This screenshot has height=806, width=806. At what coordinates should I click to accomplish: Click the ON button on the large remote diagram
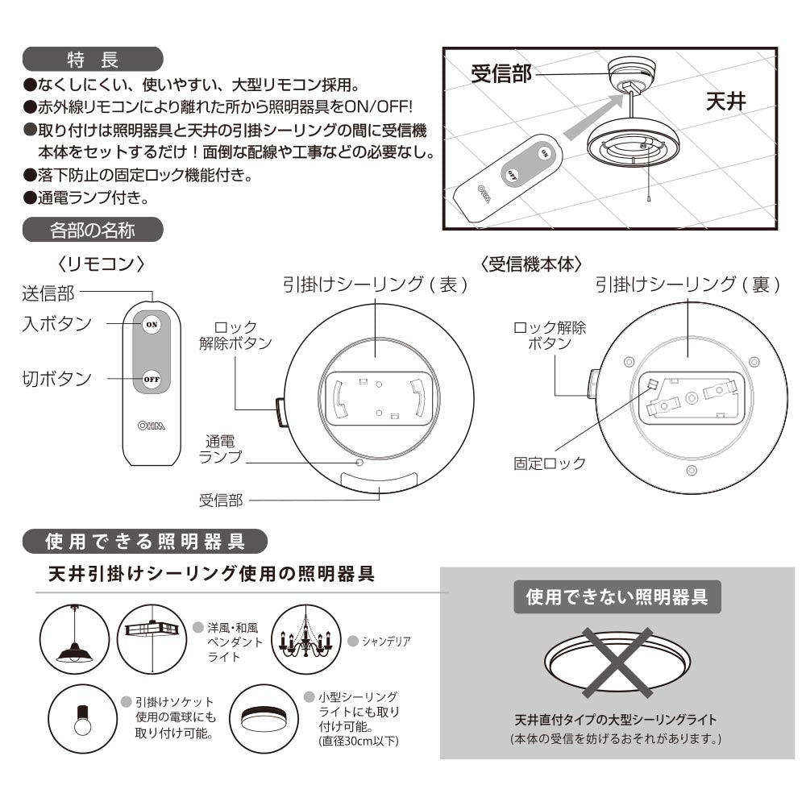[x=152, y=324]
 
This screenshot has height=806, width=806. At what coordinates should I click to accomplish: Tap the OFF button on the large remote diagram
[x=152, y=380]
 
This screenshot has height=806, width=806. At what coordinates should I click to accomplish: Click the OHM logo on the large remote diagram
[x=152, y=426]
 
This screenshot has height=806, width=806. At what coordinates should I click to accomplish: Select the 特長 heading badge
[x=93, y=59]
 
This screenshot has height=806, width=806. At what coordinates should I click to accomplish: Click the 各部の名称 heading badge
[x=93, y=230]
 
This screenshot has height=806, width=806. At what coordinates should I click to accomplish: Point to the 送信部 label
[x=48, y=293]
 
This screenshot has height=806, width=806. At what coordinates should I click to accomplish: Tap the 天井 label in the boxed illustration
[x=726, y=101]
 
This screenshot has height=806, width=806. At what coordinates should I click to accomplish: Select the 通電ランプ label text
[x=220, y=449]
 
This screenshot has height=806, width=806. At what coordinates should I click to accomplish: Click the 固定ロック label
[x=550, y=463]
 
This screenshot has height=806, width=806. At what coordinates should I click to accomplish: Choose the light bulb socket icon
[x=83, y=719]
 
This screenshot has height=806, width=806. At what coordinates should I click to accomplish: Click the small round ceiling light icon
[x=264, y=719]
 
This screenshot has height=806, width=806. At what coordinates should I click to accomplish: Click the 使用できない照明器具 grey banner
[x=617, y=596]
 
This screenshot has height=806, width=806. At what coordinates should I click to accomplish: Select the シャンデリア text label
[x=386, y=641]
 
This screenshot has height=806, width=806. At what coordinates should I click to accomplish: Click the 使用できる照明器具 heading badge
[x=145, y=542]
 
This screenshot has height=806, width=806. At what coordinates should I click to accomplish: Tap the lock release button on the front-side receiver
[x=281, y=412]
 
